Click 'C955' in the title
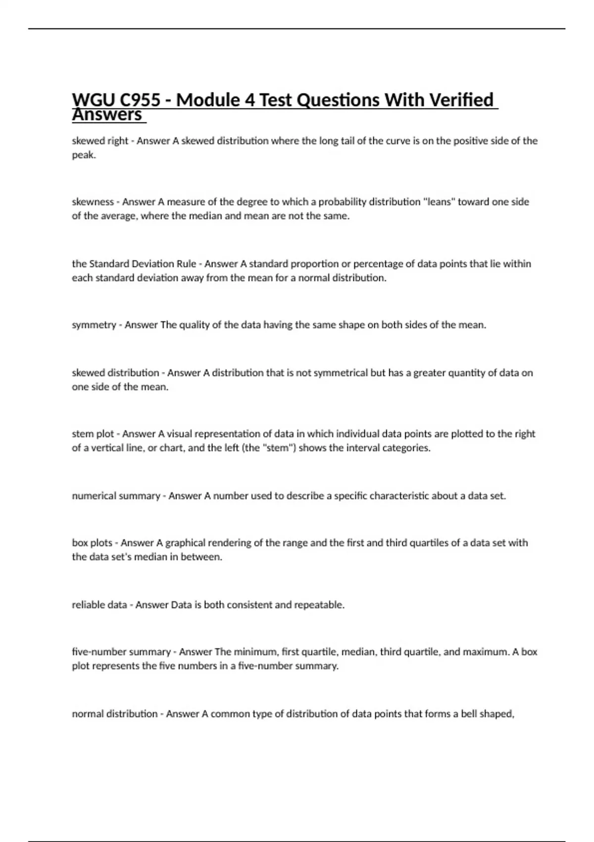[x=140, y=101]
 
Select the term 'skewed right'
[x=100, y=141]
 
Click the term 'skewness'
[x=93, y=202]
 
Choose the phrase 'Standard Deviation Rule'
[x=143, y=264]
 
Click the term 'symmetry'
[x=94, y=325]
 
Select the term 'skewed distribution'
[x=115, y=373]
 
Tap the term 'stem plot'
[x=93, y=434]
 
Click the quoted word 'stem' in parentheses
[x=277, y=448]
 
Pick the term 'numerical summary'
[x=116, y=496]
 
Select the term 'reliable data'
[x=99, y=605]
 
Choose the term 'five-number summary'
[x=121, y=652]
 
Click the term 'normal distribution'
[x=115, y=714]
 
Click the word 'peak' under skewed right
[x=83, y=156]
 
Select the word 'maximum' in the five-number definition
[x=486, y=652]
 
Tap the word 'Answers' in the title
[x=107, y=115]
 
